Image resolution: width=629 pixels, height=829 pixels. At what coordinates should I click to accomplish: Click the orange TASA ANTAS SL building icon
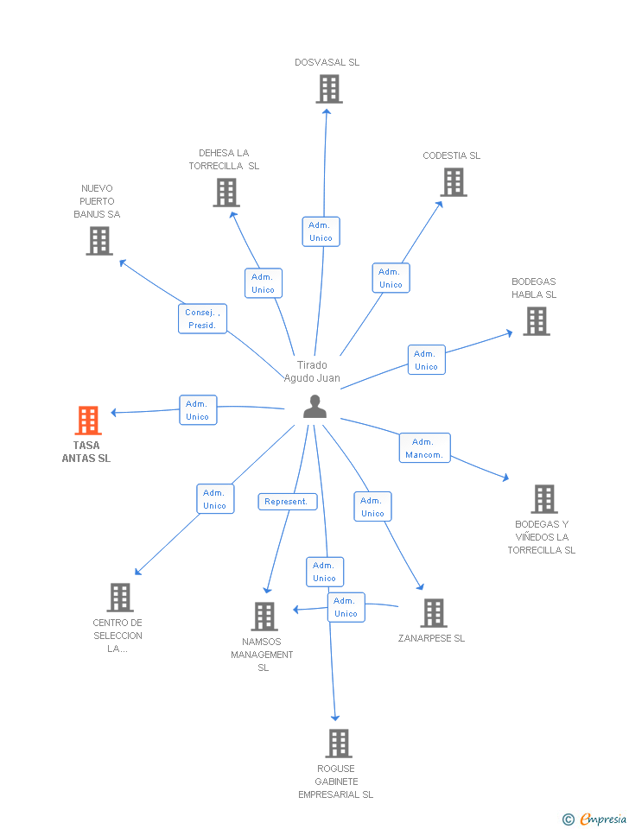coord(87,421)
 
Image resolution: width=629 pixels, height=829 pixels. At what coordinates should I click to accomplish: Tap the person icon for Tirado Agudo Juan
coord(315,407)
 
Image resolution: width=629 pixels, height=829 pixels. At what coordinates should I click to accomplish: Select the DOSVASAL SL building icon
coord(328,89)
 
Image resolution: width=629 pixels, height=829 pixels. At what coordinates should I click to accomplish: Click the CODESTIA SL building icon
coord(454,182)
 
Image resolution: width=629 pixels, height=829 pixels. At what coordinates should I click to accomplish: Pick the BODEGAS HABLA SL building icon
coord(536,321)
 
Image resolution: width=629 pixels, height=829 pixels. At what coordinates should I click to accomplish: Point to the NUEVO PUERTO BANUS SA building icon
coord(99,241)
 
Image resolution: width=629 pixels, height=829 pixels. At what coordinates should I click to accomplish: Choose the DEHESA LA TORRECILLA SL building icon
coord(226,193)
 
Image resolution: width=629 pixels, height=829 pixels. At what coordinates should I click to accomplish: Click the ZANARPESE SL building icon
coord(433,613)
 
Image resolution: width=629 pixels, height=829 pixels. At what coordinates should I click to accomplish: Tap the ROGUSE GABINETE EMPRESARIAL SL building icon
coord(338,744)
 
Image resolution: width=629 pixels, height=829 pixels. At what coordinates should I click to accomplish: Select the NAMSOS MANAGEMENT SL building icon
coord(264,617)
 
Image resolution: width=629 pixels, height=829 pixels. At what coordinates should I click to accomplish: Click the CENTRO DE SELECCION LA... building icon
coord(119,598)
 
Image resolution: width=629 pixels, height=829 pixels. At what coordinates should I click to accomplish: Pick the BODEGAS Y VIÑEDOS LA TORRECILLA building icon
coord(543,499)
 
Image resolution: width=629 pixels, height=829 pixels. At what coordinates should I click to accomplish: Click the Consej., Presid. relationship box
coord(202,319)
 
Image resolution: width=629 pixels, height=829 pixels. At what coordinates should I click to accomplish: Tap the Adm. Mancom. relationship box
coord(424,448)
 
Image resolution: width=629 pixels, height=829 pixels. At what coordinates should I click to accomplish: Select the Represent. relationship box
coord(287,502)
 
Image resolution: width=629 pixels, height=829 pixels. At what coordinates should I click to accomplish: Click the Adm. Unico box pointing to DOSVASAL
coord(321,231)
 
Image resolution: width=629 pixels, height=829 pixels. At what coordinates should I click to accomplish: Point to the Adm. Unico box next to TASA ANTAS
coord(198,410)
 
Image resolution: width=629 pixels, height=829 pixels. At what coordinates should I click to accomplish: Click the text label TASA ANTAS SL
coord(86,452)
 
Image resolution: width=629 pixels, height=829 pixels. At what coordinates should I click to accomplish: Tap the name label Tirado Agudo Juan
coord(312,371)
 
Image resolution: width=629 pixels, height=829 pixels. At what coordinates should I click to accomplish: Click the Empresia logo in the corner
coord(596,819)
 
